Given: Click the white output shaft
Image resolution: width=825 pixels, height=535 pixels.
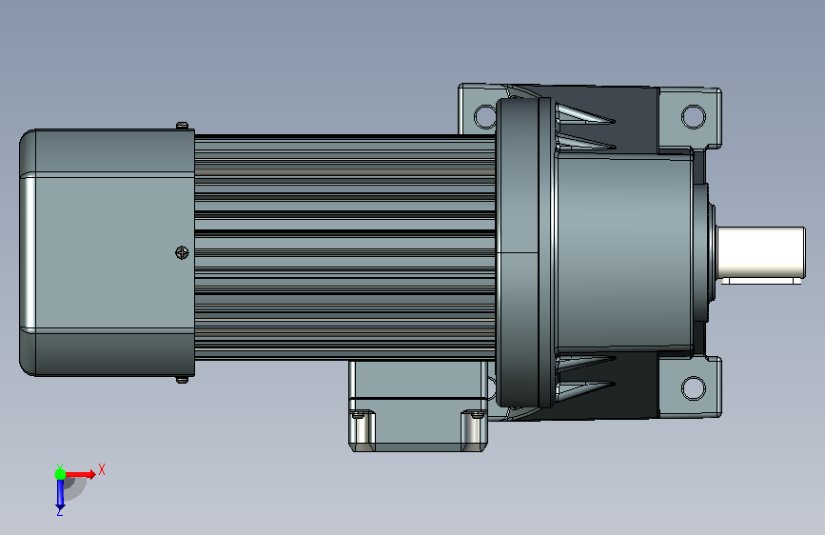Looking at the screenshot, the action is (x=761, y=252).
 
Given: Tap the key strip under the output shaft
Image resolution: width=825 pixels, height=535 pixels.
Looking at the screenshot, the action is (x=761, y=281).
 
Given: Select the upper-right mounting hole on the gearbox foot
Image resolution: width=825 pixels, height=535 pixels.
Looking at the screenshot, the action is (x=694, y=116).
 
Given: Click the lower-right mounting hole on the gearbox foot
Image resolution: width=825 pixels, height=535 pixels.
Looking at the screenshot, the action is (x=694, y=388).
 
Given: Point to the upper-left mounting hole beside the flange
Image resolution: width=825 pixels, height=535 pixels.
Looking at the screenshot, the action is (x=484, y=116).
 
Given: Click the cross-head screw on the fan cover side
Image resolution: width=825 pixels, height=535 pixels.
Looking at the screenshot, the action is (x=182, y=253).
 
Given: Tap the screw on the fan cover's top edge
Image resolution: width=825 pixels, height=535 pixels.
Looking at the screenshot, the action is (x=182, y=126).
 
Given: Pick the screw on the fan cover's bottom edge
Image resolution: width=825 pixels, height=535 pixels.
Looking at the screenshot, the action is (x=182, y=379).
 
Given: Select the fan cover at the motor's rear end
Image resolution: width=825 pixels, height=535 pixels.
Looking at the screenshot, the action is (x=108, y=253).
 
